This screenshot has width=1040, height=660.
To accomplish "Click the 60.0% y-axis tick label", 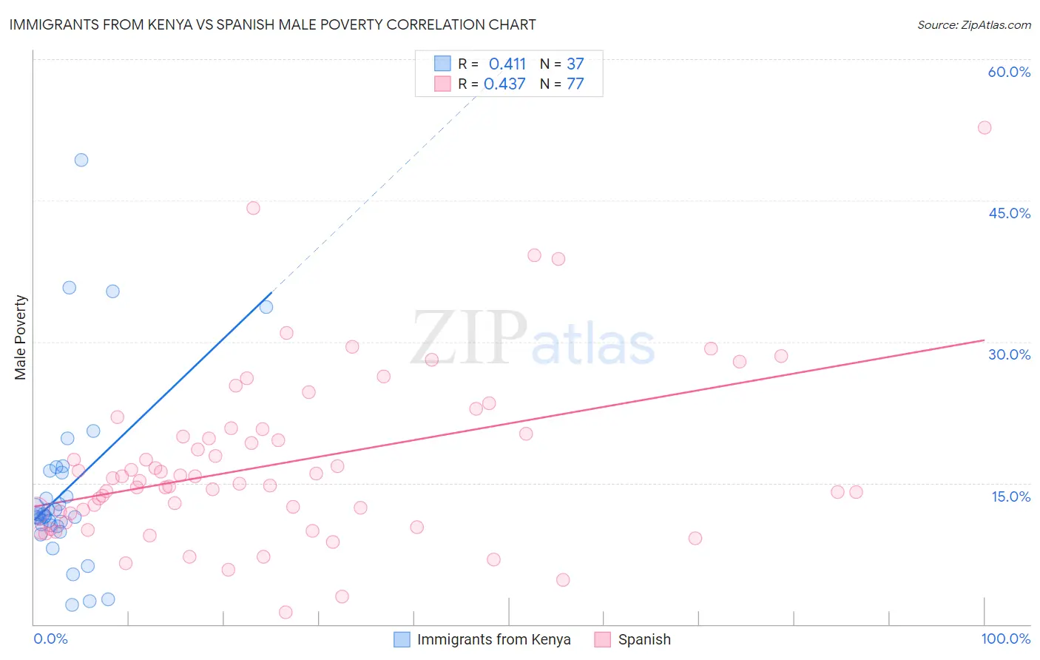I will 1009,72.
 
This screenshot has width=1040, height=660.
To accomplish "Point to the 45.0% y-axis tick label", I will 1009,213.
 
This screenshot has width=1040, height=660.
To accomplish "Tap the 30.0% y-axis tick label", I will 1009,354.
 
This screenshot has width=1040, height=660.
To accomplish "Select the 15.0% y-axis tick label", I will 1010,496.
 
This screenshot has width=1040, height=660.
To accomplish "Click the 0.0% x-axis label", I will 50,639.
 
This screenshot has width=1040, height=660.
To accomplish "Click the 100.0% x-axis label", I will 1005,639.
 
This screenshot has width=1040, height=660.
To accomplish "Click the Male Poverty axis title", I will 21,337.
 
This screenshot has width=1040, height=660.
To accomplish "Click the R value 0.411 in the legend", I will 507,64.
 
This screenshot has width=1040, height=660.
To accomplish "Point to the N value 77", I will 575,84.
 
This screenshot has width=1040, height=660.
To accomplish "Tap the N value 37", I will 575,64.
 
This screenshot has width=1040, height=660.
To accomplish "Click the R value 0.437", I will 504,84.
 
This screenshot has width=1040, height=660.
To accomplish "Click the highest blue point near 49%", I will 81,160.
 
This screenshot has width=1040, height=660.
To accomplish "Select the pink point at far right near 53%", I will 985,127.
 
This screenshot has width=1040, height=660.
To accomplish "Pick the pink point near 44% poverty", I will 253,208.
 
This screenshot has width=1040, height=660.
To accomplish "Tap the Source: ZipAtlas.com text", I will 973,24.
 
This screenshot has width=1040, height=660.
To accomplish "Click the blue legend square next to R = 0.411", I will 442,64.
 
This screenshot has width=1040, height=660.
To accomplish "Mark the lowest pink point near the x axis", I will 286,612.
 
